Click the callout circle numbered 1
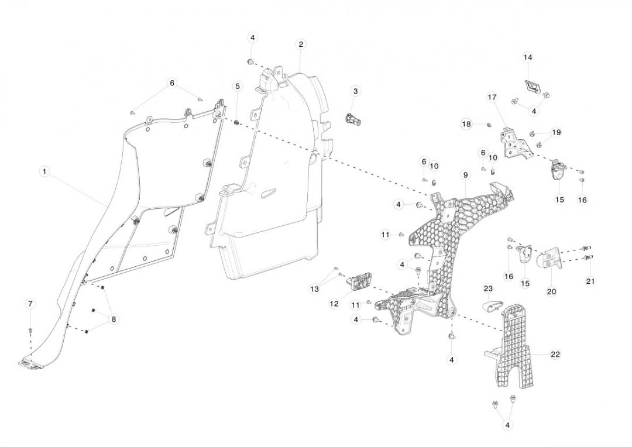pyautogui.click(x=44, y=172)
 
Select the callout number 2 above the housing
pyautogui.click(x=301, y=44)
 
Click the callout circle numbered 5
pyautogui.click(x=238, y=86)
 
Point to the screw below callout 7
pyautogui.click(x=30, y=331)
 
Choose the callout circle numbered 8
pyautogui.click(x=114, y=319)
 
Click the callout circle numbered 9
pyautogui.click(x=466, y=175)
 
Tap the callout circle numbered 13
pyautogui.click(x=315, y=289)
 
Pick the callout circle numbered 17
pyautogui.click(x=492, y=97)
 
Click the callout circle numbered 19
pyautogui.click(x=556, y=132)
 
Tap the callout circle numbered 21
pyautogui.click(x=590, y=281)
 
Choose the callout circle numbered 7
pyautogui.click(x=30, y=303)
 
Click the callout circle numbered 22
pyautogui.click(x=555, y=354)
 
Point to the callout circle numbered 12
pyautogui.click(x=335, y=303)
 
